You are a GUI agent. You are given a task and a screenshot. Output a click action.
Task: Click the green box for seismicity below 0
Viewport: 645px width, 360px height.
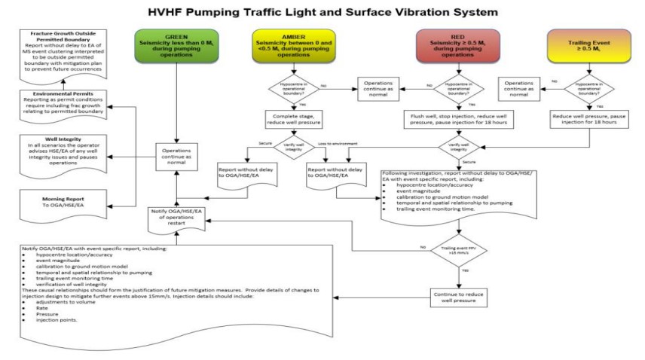[x=178, y=50]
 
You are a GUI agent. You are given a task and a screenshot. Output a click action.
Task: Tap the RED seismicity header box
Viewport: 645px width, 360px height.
[x=458, y=50]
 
